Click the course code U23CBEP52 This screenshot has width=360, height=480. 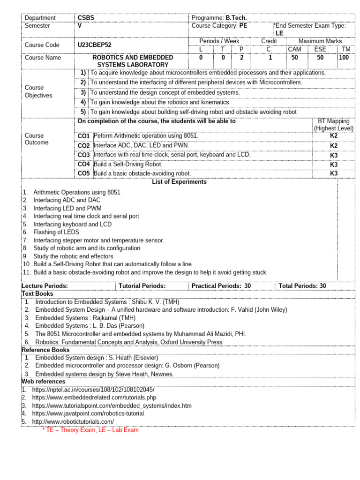[x=95, y=45]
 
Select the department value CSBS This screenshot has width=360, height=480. [x=86, y=18]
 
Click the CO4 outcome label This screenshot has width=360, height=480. [x=84, y=164]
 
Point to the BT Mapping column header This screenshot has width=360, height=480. [x=334, y=125]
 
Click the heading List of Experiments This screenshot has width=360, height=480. [x=179, y=182]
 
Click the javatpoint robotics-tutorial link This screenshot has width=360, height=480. [x=88, y=413]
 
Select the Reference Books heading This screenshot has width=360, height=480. [x=45, y=350]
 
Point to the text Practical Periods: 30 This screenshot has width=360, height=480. [x=221, y=285]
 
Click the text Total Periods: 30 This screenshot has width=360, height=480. [x=302, y=285]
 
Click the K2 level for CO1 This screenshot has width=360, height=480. [x=334, y=135]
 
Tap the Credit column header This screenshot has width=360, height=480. [x=269, y=41]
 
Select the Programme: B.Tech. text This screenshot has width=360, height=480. [x=219, y=18]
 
